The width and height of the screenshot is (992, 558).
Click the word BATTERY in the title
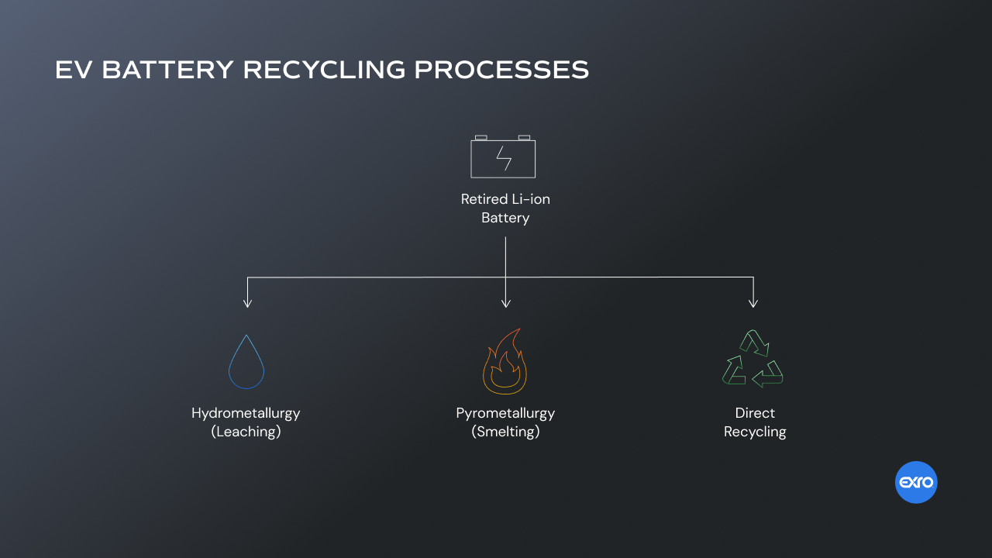click(167, 70)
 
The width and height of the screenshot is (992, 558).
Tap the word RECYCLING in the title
click(324, 70)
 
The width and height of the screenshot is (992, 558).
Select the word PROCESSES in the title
click(501, 70)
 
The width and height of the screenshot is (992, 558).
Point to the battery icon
click(503, 157)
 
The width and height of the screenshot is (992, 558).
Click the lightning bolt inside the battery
click(504, 159)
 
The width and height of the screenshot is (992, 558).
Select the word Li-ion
click(530, 199)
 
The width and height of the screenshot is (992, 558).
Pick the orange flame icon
click(505, 363)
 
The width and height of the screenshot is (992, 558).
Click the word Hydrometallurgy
click(246, 413)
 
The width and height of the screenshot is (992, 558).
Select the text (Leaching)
click(246, 432)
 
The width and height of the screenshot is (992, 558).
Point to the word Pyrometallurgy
click(505, 413)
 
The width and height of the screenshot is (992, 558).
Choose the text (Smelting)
click(505, 432)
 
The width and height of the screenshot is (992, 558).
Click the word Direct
click(755, 413)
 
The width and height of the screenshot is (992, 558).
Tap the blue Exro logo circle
click(916, 483)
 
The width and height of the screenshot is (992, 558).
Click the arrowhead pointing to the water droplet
click(247, 303)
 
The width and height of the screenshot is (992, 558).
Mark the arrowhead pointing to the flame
click(505, 303)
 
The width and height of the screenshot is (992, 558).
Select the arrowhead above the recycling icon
click(753, 303)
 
